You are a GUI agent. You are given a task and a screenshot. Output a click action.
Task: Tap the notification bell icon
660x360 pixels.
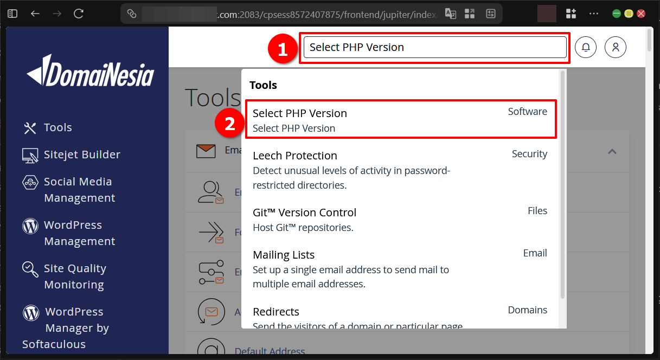click(586, 47)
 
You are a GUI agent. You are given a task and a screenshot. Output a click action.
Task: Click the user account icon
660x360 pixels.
click(616, 47)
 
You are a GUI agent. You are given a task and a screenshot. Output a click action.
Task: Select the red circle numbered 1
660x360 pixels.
click(282, 50)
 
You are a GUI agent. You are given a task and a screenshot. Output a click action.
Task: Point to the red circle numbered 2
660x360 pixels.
click(230, 124)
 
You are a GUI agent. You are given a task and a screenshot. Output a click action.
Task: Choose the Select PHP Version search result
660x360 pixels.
click(300, 113)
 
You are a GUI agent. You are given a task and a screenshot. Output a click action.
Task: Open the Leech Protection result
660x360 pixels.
click(295, 156)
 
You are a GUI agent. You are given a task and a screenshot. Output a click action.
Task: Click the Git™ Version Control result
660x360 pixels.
click(304, 213)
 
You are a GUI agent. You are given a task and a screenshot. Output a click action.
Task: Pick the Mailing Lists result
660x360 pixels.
click(284, 255)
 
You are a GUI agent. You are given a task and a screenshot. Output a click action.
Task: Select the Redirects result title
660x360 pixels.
click(276, 312)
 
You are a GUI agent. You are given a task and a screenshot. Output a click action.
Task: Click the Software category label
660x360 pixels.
click(527, 112)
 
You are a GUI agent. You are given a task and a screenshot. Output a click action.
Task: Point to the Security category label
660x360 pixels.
click(529, 154)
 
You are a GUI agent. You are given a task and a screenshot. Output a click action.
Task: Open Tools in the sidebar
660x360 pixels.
click(57, 127)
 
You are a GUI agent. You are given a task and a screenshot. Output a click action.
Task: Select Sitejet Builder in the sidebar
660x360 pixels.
click(81, 155)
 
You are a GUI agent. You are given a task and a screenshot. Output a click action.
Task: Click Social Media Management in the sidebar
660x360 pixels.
click(78, 190)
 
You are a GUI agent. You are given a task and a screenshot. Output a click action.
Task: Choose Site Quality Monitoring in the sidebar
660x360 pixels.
click(75, 277)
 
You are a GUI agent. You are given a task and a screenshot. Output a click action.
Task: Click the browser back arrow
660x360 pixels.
click(35, 14)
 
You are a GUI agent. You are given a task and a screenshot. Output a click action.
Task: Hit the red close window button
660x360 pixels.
click(641, 14)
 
